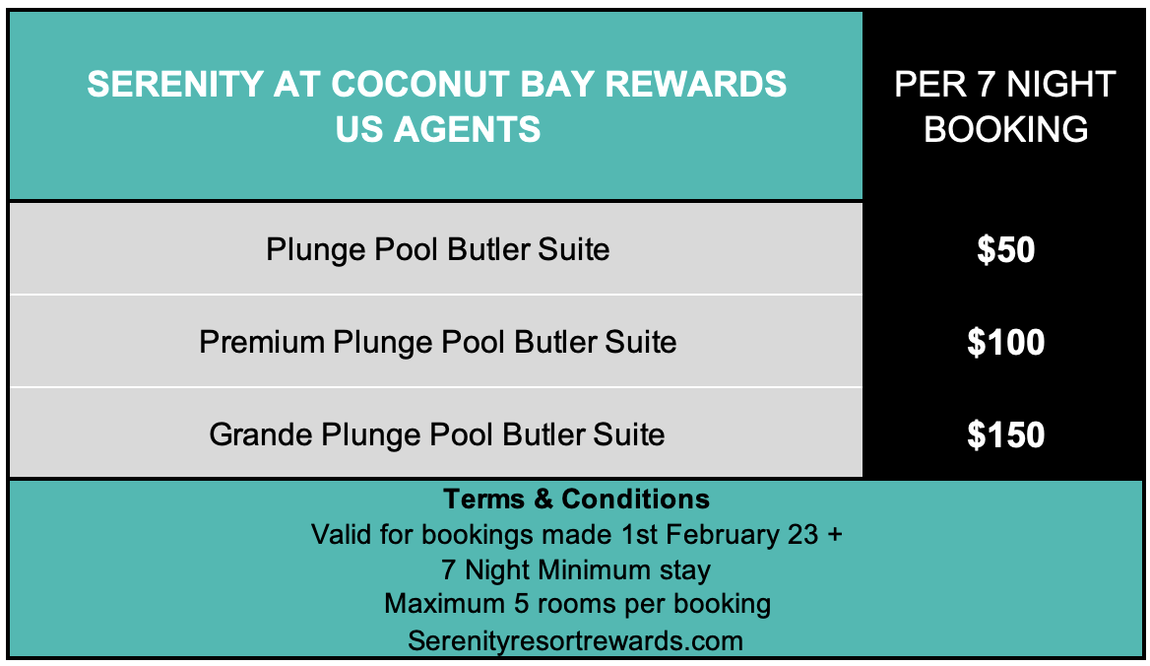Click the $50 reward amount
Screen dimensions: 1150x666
pyautogui.click(x=1005, y=249)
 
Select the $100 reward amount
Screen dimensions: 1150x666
pyautogui.click(x=1005, y=343)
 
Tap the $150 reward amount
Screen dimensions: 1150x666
pyautogui.click(x=1005, y=434)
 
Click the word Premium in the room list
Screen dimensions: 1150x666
pyautogui.click(x=262, y=343)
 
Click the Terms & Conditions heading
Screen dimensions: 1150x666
pyautogui.click(x=576, y=499)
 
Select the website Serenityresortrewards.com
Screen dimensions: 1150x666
pyautogui.click(x=576, y=640)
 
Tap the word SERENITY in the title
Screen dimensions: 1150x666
pyautogui.click(x=175, y=84)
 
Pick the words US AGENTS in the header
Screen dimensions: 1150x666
pyautogui.click(x=438, y=129)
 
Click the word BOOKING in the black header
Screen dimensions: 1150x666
pyautogui.click(x=1005, y=129)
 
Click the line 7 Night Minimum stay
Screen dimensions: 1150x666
pyautogui.click(x=576, y=569)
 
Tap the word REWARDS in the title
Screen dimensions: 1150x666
pyautogui.click(x=695, y=84)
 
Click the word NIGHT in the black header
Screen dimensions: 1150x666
pyautogui.click(x=1060, y=84)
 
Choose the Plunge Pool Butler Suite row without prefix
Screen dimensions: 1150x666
pyautogui.click(x=438, y=249)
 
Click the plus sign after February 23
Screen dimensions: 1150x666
pyautogui.click(x=835, y=535)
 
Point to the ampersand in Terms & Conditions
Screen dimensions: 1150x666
pyautogui.click(x=543, y=499)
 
